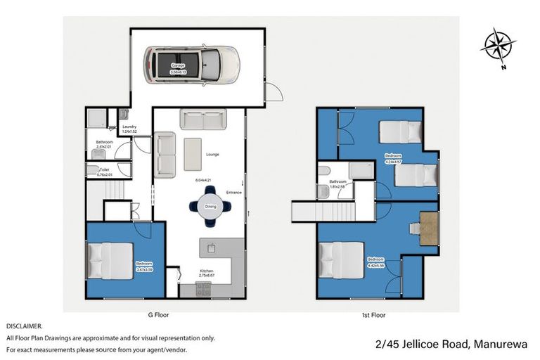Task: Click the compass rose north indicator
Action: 498,46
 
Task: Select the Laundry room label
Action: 129,127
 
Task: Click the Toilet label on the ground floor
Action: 104,169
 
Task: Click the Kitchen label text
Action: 206,271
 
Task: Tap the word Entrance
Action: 233,192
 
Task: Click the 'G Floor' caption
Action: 158,315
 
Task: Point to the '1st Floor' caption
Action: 374,315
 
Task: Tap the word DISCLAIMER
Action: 25,327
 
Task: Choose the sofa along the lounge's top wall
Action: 202,119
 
